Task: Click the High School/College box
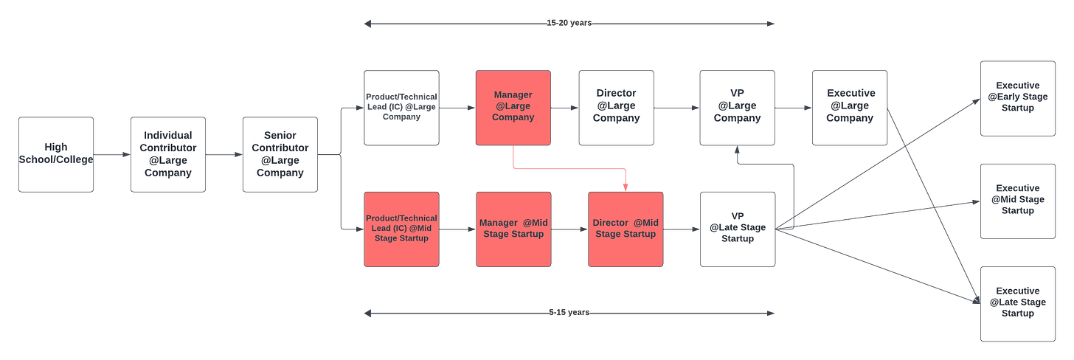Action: pos(56,154)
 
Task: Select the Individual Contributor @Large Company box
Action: pos(168,154)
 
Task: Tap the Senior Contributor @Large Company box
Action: pos(280,154)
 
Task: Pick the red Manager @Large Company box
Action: pos(513,108)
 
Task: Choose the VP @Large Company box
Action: pos(737,108)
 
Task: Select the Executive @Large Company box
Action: pos(850,108)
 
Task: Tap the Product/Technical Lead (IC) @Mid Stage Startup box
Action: pos(401,229)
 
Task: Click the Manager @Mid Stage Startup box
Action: pos(513,229)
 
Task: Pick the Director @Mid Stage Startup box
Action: pos(626,229)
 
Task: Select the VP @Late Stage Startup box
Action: pos(737,229)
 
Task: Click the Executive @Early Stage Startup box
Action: pos(1017,98)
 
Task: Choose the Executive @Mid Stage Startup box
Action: pos(1017,201)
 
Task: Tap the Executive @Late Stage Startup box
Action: pos(1017,303)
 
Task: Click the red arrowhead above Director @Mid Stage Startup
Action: pos(626,186)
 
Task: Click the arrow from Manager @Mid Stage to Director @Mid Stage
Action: pos(569,229)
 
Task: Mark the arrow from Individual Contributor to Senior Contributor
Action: pos(224,154)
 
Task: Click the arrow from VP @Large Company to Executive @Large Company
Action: pos(793,108)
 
